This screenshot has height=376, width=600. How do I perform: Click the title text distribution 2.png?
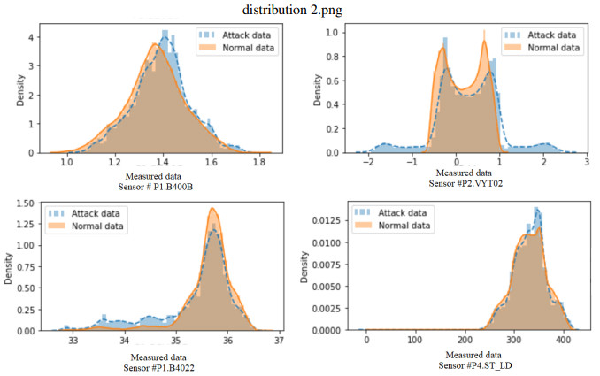[299, 11]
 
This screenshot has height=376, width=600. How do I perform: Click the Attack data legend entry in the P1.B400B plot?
[232, 35]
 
